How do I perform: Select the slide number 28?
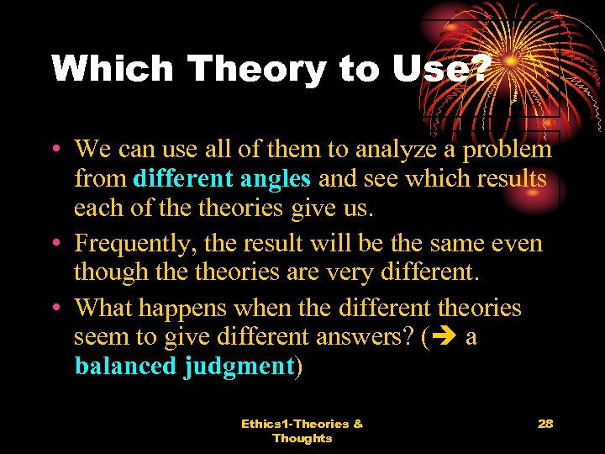coord(545,424)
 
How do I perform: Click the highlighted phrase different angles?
coord(222,179)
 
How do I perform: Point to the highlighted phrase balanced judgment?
coord(184,367)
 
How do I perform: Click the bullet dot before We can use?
coord(55,150)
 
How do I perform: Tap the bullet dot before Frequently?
coord(55,244)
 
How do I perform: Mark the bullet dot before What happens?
coord(55,309)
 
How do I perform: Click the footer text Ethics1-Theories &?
coord(302,424)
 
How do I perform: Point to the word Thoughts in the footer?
coord(302,438)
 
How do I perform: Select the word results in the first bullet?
coord(510,179)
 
